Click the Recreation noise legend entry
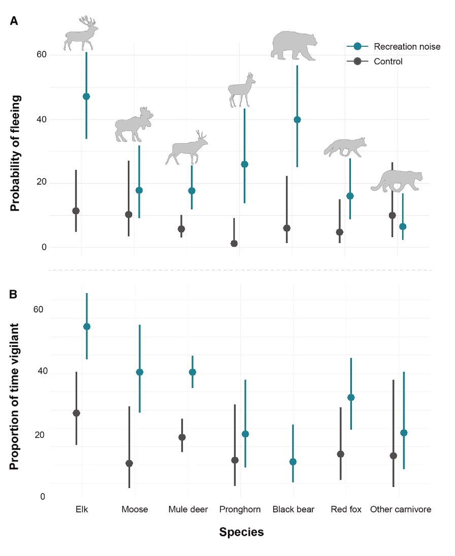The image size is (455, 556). pyautogui.click(x=406, y=47)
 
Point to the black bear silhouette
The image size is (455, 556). pyautogui.click(x=294, y=46)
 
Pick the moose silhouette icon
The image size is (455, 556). pyautogui.click(x=134, y=125)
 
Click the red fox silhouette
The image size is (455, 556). pyautogui.click(x=345, y=147)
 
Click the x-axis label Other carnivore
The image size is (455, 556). pyautogui.click(x=401, y=510)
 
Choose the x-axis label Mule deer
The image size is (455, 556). pyautogui.click(x=188, y=510)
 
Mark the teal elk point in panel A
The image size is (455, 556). pyautogui.click(x=86, y=96)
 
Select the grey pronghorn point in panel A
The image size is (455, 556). pyautogui.click(x=234, y=244)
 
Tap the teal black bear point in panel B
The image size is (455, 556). pyautogui.click(x=292, y=462)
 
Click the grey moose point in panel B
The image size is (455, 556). pyautogui.click(x=129, y=463)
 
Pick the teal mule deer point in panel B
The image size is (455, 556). pyautogui.click(x=192, y=372)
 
